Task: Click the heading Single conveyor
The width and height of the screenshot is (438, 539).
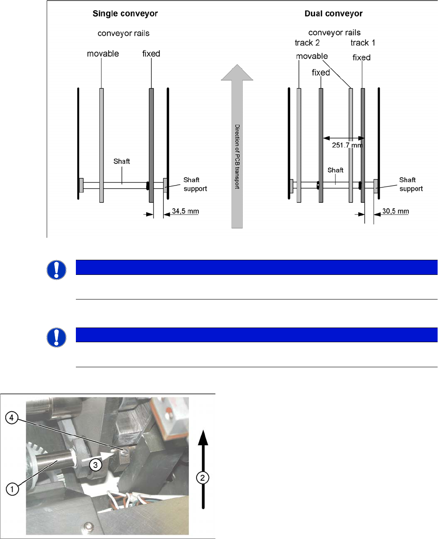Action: [x=125, y=14]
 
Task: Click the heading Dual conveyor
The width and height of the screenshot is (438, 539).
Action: [x=333, y=14]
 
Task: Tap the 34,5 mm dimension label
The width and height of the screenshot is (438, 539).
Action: [x=185, y=211]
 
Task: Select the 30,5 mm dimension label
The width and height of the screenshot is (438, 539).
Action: [x=395, y=211]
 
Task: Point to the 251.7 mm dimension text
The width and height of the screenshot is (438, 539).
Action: [x=347, y=145]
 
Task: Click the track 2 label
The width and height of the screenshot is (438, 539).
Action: [x=307, y=43]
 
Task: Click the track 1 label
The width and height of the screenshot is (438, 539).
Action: [x=363, y=43]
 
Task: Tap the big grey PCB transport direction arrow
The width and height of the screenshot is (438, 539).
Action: [x=237, y=146]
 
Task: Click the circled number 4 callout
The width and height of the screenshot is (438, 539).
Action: [x=12, y=418]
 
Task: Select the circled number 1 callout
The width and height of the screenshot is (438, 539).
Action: [x=12, y=489]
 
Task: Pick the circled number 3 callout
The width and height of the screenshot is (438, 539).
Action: [x=95, y=465]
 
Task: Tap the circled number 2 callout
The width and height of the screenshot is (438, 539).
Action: [x=203, y=478]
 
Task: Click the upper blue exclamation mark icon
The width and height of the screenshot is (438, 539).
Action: [x=56, y=270]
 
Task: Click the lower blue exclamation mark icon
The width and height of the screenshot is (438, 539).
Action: [x=56, y=337]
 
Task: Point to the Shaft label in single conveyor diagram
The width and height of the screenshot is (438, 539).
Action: [x=122, y=161]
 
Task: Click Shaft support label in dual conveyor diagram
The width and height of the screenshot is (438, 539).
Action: [x=411, y=184]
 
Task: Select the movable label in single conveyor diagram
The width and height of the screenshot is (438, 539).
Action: [x=103, y=54]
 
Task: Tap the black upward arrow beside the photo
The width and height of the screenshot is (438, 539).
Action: [x=203, y=470]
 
